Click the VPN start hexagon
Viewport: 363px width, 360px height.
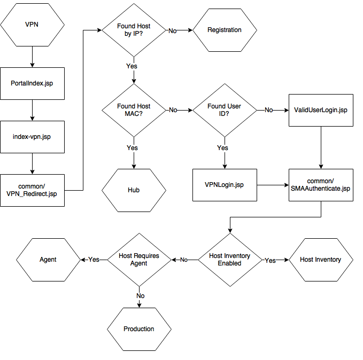[x=32, y=25]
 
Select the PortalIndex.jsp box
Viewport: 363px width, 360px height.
[x=32, y=83]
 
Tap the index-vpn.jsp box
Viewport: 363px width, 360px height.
[x=32, y=137]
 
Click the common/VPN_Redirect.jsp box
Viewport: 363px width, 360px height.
[x=32, y=190]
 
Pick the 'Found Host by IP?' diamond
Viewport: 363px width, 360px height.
[x=134, y=30]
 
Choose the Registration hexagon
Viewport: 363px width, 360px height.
[x=225, y=30]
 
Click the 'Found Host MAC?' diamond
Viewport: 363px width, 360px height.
[x=134, y=110]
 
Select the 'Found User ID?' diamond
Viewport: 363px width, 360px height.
[x=224, y=110]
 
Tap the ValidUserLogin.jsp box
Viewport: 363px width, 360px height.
[x=321, y=110]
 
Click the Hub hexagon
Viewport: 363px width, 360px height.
[x=134, y=190]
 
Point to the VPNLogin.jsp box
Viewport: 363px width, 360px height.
[x=225, y=185]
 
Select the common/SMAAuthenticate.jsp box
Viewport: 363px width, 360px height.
[x=321, y=185]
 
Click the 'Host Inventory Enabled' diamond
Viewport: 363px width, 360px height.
[x=229, y=260]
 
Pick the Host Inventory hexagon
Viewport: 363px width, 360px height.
[x=321, y=260]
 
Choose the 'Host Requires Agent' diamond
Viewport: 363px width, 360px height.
[x=139, y=260]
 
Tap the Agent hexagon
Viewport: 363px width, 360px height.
[x=48, y=260]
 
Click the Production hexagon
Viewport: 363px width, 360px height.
[x=139, y=329]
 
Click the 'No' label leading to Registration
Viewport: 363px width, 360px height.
[x=173, y=31]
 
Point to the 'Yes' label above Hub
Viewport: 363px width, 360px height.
[x=133, y=148]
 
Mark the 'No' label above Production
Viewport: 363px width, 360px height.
[x=140, y=295]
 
